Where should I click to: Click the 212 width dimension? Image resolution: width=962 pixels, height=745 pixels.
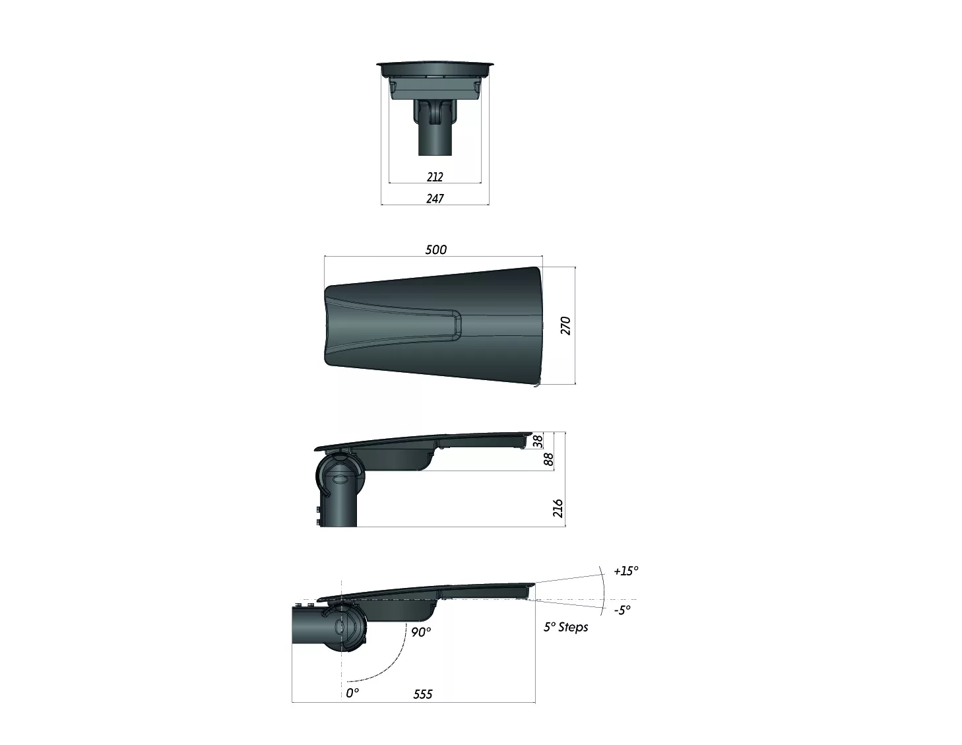(435, 177)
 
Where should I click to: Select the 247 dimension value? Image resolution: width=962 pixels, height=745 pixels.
(435, 199)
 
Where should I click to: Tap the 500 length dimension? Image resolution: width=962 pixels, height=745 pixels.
(436, 249)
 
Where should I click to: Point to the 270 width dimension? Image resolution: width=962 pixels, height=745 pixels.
(565, 326)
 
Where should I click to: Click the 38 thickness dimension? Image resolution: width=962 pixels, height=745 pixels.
(538, 441)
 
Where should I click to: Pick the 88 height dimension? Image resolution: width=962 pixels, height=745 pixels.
(548, 459)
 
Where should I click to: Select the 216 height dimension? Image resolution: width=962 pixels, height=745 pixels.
(558, 508)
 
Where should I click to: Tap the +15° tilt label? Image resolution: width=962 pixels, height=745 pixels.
(626, 571)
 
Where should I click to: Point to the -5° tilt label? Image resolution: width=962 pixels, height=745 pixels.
(622, 610)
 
